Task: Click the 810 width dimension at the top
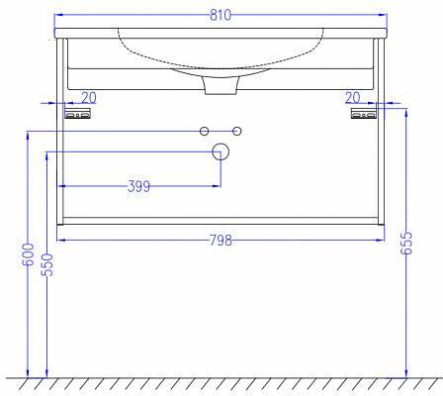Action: [221, 15]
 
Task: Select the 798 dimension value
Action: [221, 241]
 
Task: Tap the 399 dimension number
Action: [138, 186]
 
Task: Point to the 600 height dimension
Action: [29, 254]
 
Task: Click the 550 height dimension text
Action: [47, 264]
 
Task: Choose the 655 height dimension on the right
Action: [406, 244]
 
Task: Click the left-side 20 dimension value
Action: [89, 98]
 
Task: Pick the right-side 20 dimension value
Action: [353, 98]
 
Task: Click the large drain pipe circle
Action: [221, 151]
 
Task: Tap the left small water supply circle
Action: [205, 132]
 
